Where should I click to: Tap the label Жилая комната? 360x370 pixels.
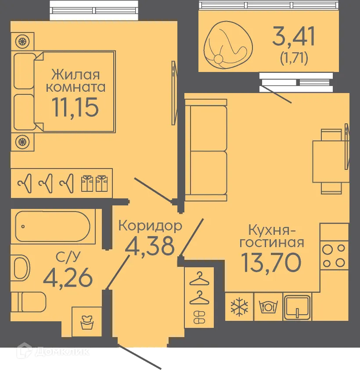click(76, 80)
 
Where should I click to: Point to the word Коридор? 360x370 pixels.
click(150, 226)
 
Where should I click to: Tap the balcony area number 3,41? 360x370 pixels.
click(293, 37)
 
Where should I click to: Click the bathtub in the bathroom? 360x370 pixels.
click(53, 226)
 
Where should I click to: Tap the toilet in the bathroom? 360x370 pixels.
click(29, 302)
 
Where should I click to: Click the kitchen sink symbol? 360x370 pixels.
click(297, 306)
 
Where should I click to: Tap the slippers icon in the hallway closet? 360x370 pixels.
click(199, 317)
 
